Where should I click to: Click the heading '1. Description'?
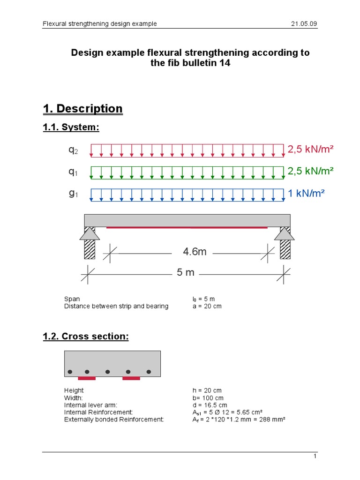82,109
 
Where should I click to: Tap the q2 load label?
73,150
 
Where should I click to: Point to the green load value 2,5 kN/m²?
310,171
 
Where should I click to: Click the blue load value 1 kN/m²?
306,193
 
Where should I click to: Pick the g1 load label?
73,193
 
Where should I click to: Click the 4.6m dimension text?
195,252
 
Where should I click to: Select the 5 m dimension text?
186,272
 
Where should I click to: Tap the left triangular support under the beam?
90,233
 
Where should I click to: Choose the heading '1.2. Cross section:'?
85,336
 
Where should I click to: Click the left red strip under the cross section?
87,378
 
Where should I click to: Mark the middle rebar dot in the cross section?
108,372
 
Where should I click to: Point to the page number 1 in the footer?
315,456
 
